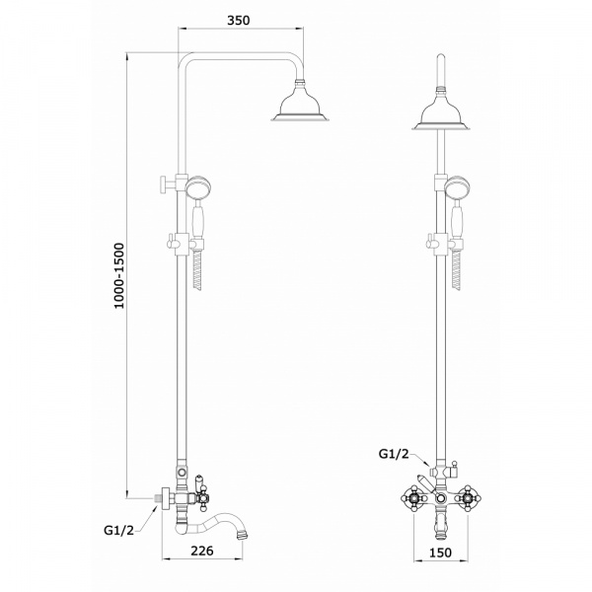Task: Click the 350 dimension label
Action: (238, 20)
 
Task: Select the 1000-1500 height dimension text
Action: (119, 276)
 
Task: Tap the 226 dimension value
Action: (201, 551)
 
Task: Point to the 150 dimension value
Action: (440, 553)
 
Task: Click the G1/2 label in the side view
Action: (119, 530)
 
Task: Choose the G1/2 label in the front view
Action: (394, 454)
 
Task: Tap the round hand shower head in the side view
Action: (198, 187)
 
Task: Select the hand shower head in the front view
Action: (457, 187)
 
